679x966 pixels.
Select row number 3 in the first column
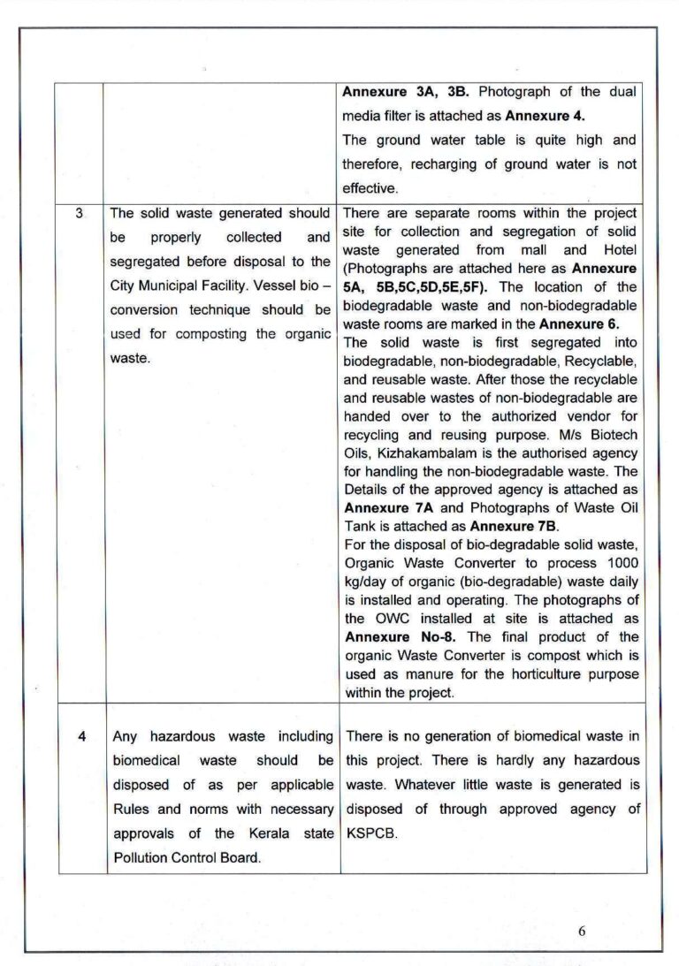click(x=80, y=213)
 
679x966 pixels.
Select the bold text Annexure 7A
click(x=383, y=507)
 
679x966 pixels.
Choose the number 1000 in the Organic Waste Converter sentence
click(x=622, y=563)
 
